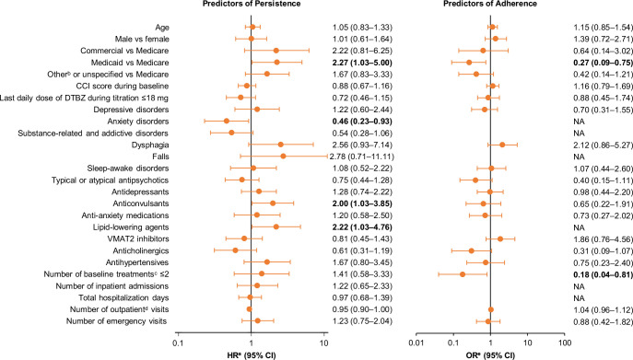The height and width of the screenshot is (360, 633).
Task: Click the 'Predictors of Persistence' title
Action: click(252, 4)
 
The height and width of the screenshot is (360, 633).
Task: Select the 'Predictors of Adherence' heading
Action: click(490, 4)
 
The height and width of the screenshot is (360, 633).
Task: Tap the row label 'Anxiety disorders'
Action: click(138, 122)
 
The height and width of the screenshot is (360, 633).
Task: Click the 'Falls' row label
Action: click(160, 157)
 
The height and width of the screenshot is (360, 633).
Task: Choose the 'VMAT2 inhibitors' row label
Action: click(141, 238)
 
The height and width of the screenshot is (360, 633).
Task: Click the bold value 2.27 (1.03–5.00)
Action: click(362, 63)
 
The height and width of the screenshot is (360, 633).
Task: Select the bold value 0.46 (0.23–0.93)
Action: click(362, 122)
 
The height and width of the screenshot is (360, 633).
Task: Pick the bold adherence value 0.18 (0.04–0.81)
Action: click(604, 274)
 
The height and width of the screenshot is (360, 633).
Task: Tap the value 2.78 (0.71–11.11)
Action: click(362, 157)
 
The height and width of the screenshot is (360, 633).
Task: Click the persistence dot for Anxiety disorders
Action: click(227, 122)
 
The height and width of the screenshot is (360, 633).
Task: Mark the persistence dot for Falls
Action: click(283, 157)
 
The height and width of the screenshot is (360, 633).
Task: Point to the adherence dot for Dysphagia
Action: click(502, 145)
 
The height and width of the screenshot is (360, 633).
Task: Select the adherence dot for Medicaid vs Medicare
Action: click(469, 63)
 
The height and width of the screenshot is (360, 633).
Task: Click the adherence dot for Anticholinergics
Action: click(471, 250)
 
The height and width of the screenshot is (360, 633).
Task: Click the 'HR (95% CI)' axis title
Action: click(252, 356)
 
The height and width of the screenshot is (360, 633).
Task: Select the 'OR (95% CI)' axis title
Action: click(490, 356)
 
